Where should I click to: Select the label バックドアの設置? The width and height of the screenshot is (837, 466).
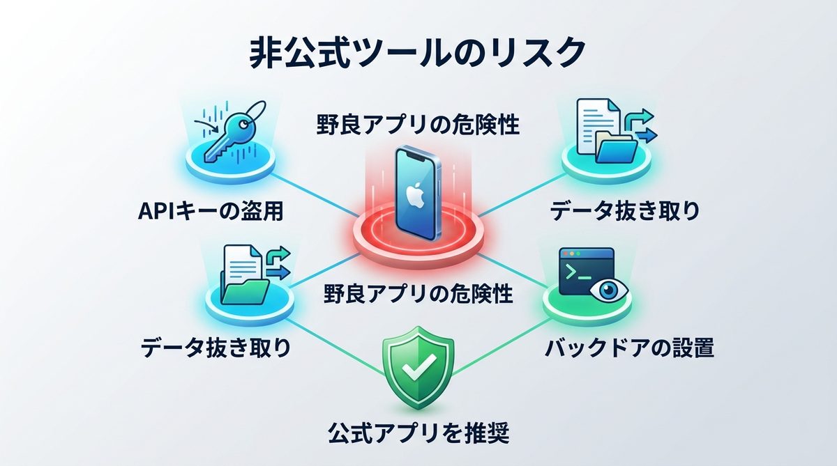click(629, 347)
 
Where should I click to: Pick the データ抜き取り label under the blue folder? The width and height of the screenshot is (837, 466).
click(624, 210)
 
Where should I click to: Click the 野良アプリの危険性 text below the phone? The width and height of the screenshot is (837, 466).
click(418, 293)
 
